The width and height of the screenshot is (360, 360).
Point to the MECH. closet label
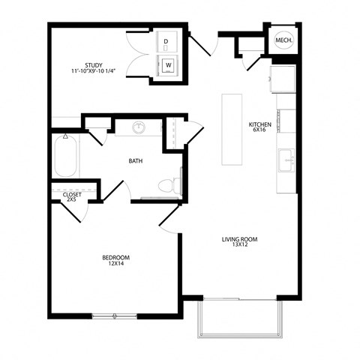click(x=283, y=40)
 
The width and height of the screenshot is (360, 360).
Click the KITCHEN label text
click(x=259, y=124)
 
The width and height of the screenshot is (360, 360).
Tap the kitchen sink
click(x=286, y=160)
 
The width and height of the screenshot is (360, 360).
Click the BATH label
click(x=136, y=160)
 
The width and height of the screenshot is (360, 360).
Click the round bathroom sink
click(x=139, y=127)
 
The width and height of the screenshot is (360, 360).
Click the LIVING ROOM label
click(x=239, y=239)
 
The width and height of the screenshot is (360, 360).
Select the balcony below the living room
click(x=240, y=318)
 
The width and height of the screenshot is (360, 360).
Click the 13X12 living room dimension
click(x=239, y=246)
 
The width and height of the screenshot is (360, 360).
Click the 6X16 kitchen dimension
click(x=259, y=130)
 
